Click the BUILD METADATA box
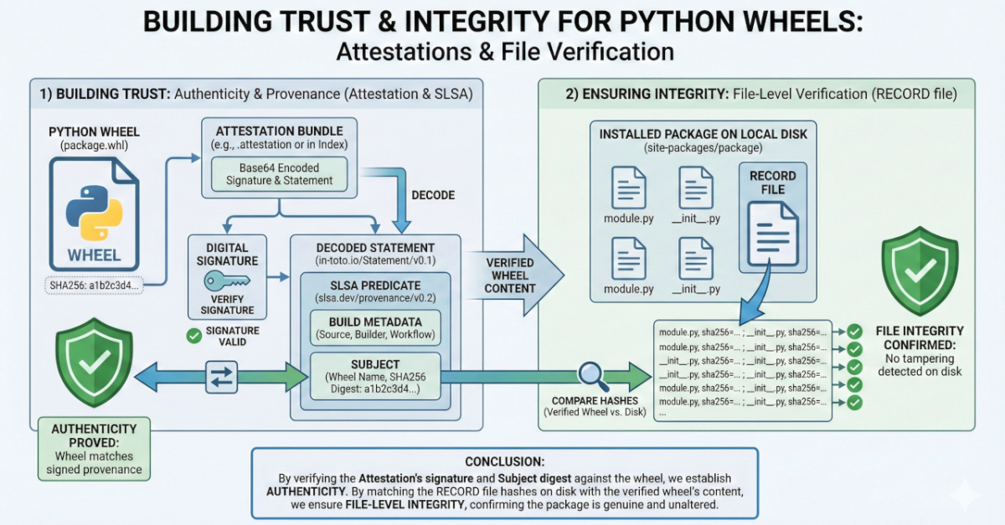374,327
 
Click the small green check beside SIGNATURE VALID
194,337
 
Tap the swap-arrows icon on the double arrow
222,376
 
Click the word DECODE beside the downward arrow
433,195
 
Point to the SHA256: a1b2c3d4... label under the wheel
94,284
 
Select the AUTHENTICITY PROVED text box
94,448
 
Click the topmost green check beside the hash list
854,331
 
